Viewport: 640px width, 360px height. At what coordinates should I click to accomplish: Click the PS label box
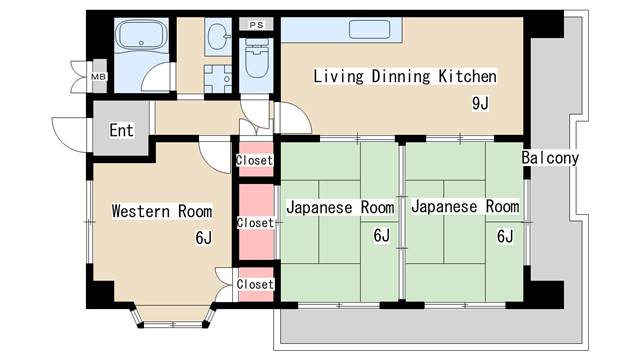256,25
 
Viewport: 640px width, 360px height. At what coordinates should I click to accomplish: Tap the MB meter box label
98,76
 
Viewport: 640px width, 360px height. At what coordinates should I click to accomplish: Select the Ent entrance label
121,130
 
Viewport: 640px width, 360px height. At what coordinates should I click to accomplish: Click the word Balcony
550,158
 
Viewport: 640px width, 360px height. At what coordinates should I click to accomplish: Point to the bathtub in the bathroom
141,36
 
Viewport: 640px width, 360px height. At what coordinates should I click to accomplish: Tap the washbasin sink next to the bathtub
217,37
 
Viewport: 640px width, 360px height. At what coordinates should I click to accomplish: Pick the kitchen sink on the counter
370,29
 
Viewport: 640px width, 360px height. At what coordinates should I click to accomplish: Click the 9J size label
480,104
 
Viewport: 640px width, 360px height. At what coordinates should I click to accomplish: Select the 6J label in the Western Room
204,238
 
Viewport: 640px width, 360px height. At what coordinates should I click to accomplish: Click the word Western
141,211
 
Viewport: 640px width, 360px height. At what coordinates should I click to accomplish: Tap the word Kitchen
467,76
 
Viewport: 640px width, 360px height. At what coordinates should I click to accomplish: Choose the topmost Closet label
254,160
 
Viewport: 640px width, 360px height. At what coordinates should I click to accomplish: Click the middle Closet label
255,223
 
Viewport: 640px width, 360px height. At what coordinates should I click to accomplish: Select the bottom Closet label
255,284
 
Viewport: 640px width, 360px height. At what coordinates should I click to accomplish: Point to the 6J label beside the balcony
505,236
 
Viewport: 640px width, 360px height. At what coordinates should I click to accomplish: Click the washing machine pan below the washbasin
218,79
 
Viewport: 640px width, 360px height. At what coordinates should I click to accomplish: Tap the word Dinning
400,77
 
